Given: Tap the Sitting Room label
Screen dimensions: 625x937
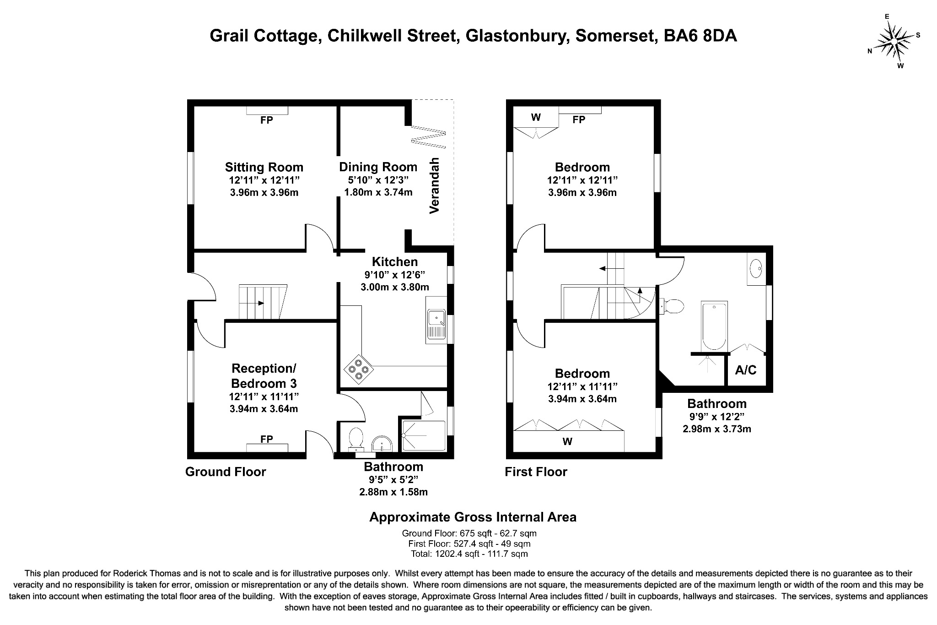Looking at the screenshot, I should pyautogui.click(x=264, y=167).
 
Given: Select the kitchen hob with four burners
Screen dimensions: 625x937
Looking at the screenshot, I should pyautogui.click(x=358, y=369).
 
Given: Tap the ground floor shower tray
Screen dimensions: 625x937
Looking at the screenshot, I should pyautogui.click(x=423, y=435).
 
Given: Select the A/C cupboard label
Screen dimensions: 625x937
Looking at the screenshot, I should pyautogui.click(x=745, y=370).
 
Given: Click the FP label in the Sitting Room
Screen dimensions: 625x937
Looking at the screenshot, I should pyautogui.click(x=267, y=120).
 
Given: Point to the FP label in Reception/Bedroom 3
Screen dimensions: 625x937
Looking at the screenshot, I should pyautogui.click(x=267, y=439).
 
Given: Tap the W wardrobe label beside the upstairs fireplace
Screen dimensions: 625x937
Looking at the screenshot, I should pyautogui.click(x=536, y=117).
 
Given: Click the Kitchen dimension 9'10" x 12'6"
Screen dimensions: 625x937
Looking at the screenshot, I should pyautogui.click(x=394, y=275).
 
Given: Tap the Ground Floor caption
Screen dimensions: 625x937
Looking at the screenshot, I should pyautogui.click(x=225, y=472).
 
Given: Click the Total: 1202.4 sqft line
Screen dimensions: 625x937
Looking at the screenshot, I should pyautogui.click(x=469, y=554).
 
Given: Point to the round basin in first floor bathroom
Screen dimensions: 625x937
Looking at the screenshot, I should pyautogui.click(x=757, y=266).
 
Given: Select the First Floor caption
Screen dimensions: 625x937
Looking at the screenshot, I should pyautogui.click(x=536, y=472).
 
